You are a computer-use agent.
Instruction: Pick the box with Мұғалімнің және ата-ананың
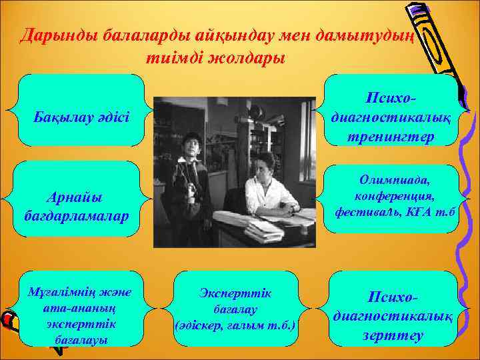click(81, 308)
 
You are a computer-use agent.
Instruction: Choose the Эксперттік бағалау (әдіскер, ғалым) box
click(236, 309)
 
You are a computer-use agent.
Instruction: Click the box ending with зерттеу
click(393, 308)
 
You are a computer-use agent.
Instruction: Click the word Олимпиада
click(396, 181)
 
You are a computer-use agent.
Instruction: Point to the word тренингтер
click(391, 137)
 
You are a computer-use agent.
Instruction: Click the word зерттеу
click(393, 335)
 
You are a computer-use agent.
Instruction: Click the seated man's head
click(262, 164)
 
